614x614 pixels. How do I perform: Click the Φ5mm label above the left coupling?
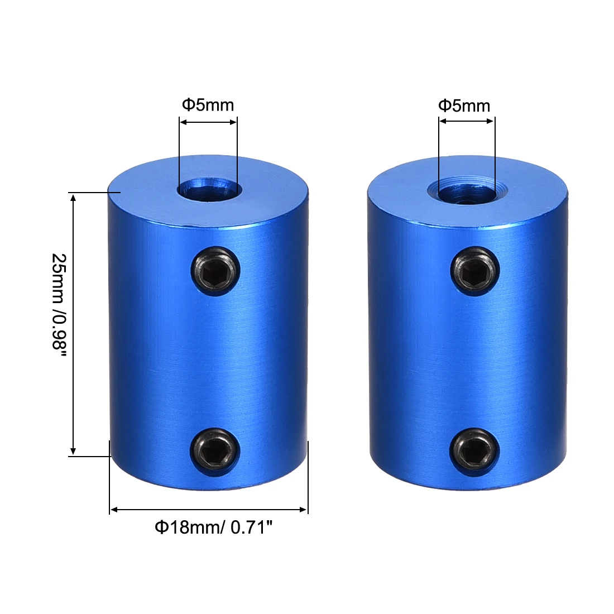(x=208, y=104)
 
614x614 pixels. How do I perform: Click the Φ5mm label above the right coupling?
(x=464, y=105)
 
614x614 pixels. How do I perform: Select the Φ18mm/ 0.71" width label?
(x=213, y=527)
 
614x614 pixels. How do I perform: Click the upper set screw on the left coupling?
(x=216, y=271)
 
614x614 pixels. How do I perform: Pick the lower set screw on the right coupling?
(x=474, y=450)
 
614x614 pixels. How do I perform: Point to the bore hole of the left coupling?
(x=208, y=188)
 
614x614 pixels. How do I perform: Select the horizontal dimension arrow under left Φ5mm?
(x=208, y=122)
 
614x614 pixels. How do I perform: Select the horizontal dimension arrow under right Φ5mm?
(x=467, y=122)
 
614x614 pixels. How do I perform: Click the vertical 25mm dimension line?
(x=73, y=324)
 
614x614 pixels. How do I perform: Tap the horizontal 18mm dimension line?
(x=208, y=509)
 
